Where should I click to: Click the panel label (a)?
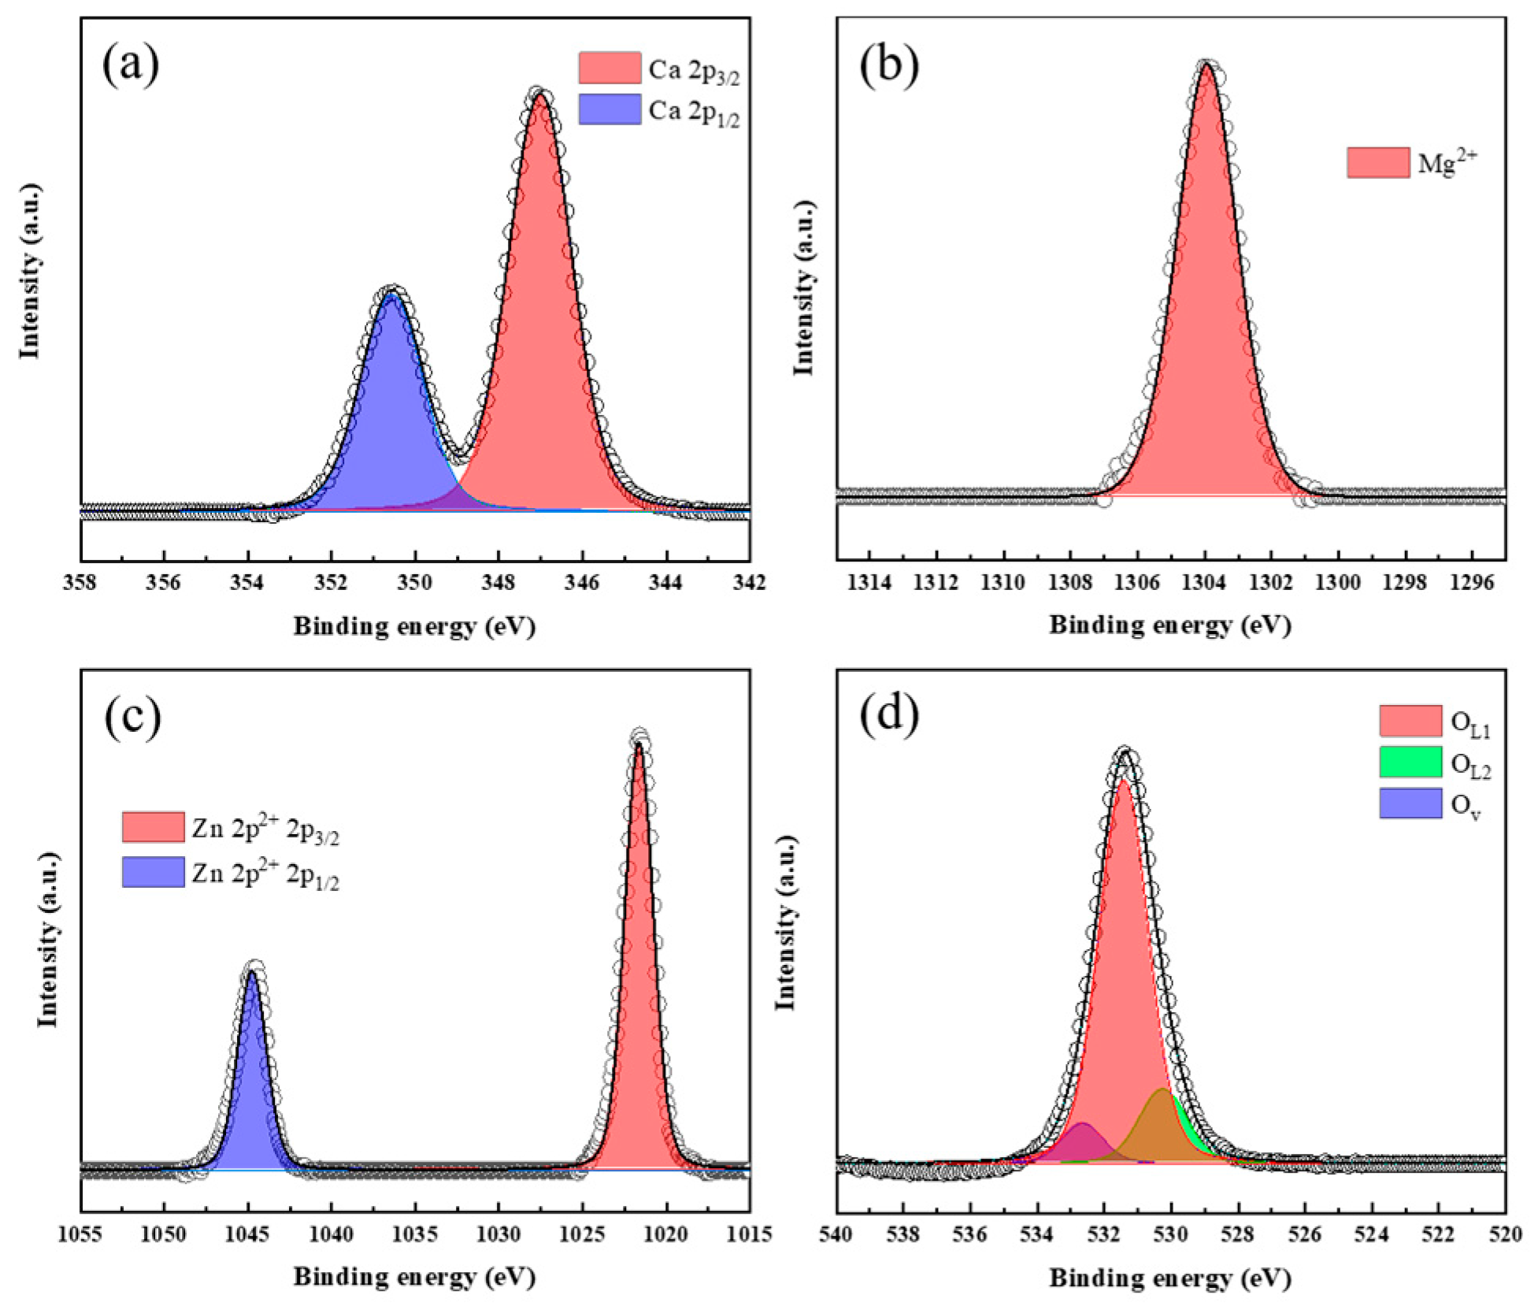point(131,65)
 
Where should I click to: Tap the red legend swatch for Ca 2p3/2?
point(609,68)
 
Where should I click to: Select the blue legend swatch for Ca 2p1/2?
point(609,109)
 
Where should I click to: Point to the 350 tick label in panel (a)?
point(414,583)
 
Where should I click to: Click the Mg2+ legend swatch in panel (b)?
point(1377,162)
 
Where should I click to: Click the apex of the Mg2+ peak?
point(1206,65)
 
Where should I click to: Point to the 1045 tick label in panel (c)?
point(247,1234)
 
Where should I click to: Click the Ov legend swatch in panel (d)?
point(1410,803)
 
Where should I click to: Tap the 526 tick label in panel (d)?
point(1305,1234)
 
